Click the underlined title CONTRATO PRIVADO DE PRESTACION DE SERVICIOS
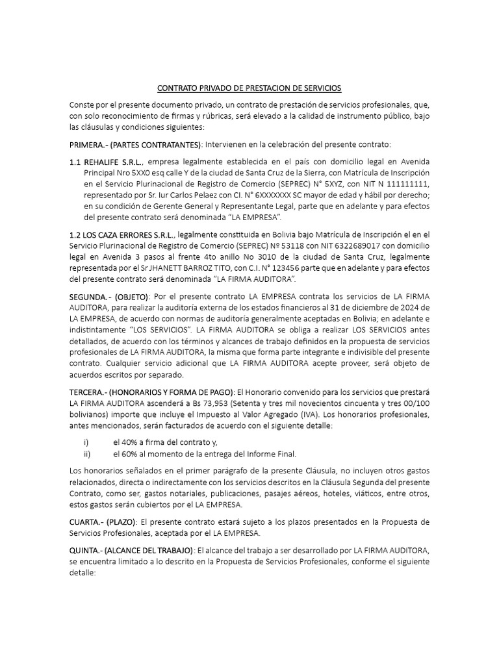click(x=249, y=88)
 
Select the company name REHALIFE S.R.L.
click(x=111, y=161)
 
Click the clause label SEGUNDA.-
click(x=92, y=297)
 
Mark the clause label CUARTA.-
click(x=88, y=521)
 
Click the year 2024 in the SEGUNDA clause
click(x=407, y=308)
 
